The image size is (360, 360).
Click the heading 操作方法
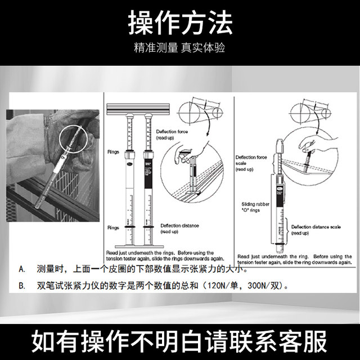[x=180, y=23]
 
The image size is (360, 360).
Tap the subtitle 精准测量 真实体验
[x=180, y=48]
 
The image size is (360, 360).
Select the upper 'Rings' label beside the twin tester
[x=113, y=152]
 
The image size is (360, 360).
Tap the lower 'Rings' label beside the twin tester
[x=113, y=227]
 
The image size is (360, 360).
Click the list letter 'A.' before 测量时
[x=22, y=269]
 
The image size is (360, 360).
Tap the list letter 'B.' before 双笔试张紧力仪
[x=22, y=285]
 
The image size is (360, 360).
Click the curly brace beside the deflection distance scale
[x=288, y=228]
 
